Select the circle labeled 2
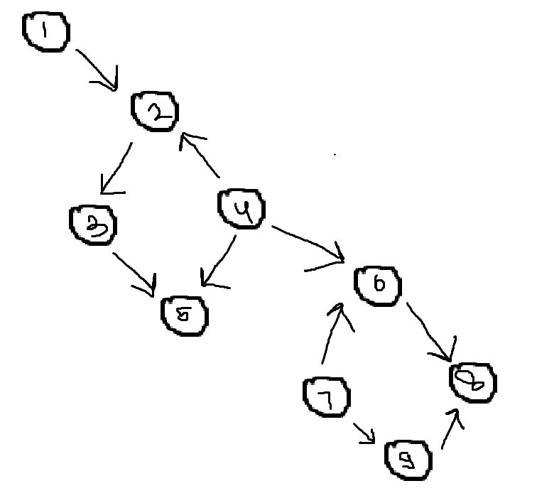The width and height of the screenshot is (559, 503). coord(155,111)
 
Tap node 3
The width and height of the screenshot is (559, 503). coord(93,225)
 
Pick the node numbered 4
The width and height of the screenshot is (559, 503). coord(240,209)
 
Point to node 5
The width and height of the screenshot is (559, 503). coord(185,315)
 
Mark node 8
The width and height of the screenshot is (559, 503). coord(473,382)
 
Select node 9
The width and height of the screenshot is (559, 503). coord(408,459)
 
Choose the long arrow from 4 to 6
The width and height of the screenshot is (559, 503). coord(308,243)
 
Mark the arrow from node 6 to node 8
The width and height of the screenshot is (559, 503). coord(428,331)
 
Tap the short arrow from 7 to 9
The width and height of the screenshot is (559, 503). coord(364,432)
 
